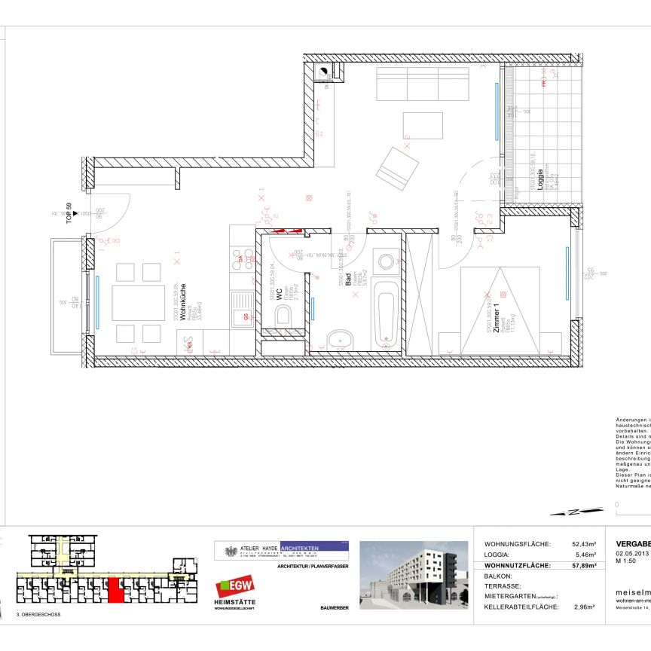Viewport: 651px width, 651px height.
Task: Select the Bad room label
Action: (x=349, y=281)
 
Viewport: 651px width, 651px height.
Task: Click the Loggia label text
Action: (x=541, y=182)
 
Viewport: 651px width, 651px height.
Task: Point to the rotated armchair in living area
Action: (x=397, y=169)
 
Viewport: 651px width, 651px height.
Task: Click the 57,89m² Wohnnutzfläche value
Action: (x=583, y=564)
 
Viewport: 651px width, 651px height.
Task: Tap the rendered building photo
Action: (x=412, y=574)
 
